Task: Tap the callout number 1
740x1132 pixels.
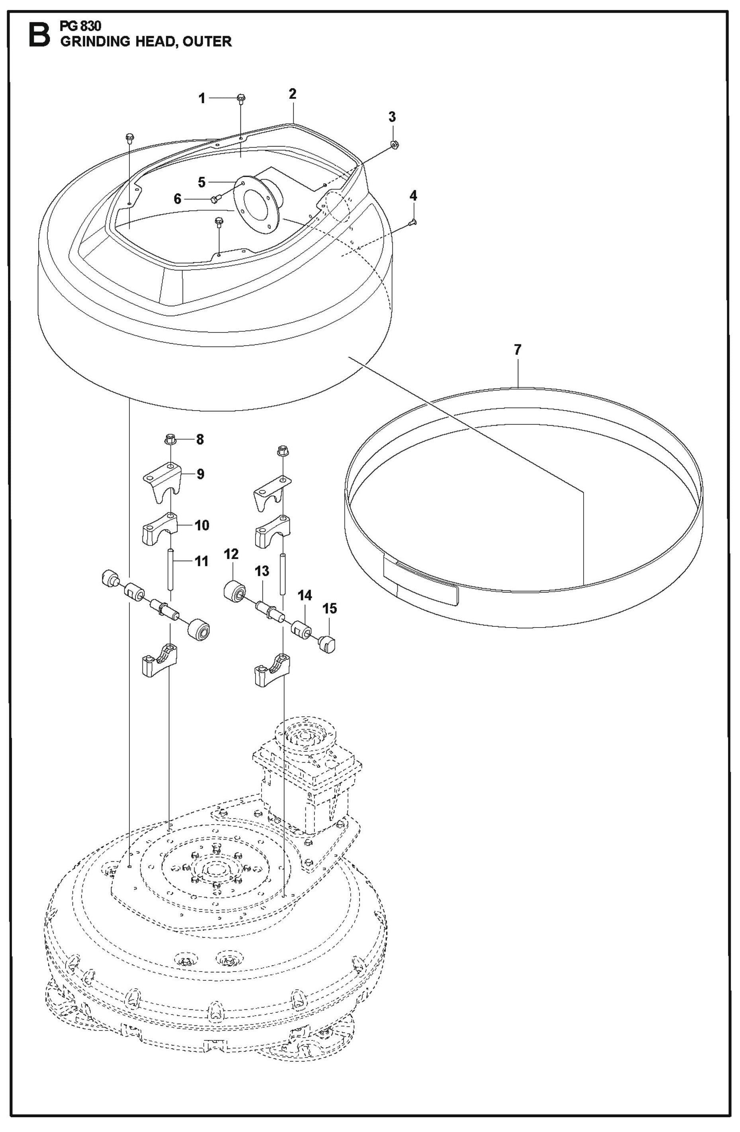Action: point(202,98)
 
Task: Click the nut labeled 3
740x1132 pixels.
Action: point(394,144)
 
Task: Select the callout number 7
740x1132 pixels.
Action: point(517,350)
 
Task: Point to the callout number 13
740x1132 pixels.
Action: point(262,571)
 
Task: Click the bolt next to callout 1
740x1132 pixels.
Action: point(241,98)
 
